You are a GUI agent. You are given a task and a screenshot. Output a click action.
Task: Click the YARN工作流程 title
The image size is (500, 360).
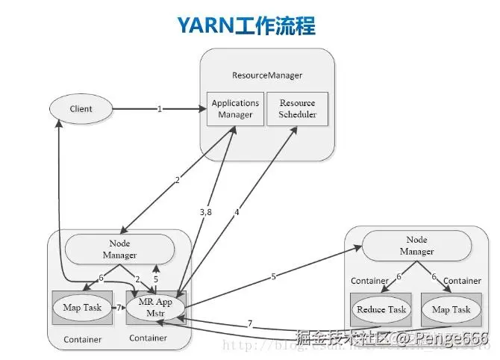(x=246, y=25)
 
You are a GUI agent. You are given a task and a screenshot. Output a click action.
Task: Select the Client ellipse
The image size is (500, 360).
(x=81, y=109)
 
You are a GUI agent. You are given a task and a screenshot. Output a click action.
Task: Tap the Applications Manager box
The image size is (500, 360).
(x=235, y=109)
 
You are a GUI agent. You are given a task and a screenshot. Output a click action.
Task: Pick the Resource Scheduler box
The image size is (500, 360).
(x=297, y=109)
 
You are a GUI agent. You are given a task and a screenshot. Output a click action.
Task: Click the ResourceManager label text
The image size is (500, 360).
(x=267, y=76)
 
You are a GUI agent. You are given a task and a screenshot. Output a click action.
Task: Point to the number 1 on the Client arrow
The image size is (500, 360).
(x=159, y=109)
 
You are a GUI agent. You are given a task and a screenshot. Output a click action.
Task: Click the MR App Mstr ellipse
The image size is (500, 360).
(x=155, y=307)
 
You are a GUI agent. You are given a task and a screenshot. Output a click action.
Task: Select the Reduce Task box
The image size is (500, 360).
(x=381, y=309)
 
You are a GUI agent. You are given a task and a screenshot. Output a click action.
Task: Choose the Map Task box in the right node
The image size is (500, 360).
(x=451, y=309)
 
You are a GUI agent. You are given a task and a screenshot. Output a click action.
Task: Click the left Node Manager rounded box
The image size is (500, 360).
(x=120, y=249)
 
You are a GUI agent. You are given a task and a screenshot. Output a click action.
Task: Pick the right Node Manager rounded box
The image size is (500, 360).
(x=416, y=246)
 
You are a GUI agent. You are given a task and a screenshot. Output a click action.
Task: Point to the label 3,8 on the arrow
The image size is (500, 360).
(x=206, y=213)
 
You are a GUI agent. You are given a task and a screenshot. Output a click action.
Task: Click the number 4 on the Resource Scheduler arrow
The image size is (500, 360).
(x=237, y=212)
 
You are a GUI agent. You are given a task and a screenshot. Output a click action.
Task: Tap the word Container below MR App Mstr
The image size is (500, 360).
(x=148, y=338)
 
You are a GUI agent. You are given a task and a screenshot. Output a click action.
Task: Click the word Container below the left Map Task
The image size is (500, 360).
(x=82, y=340)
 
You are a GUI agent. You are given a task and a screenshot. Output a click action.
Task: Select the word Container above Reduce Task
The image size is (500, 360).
(x=369, y=281)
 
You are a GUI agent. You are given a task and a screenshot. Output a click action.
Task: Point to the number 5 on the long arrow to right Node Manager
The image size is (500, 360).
(x=273, y=277)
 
